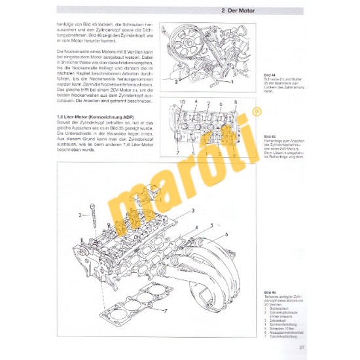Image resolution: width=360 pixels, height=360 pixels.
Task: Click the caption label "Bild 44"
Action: click(x=268, y=75)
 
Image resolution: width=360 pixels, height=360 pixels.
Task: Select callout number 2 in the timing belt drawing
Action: click(x=175, y=82)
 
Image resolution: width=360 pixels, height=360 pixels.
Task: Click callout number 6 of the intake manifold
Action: click(x=227, y=234)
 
